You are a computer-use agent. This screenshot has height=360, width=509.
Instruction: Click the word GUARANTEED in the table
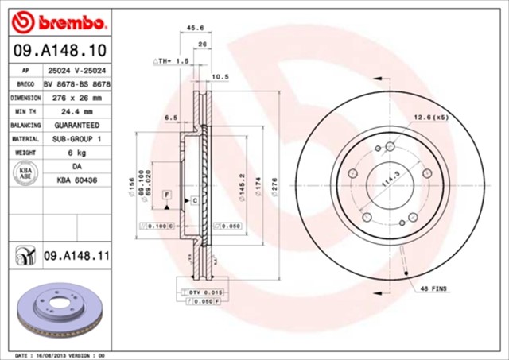76,126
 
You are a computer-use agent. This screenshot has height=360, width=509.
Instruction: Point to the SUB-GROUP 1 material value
76,139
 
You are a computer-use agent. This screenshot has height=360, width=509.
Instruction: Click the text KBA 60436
76,181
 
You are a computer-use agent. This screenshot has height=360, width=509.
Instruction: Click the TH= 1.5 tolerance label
171,60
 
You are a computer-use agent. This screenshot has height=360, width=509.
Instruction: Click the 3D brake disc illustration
60,310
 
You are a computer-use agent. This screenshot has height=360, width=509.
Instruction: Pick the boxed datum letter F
167,195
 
